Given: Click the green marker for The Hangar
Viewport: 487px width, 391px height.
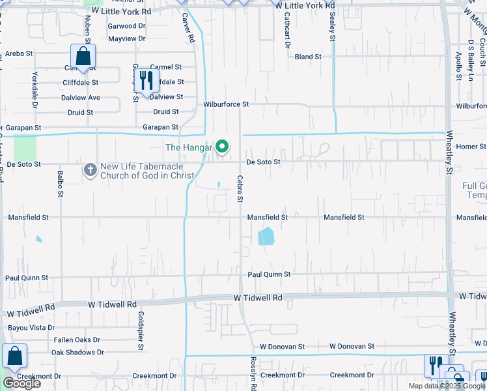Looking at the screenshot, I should (222, 147).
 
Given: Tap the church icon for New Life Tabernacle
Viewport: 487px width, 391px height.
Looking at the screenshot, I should (90, 169).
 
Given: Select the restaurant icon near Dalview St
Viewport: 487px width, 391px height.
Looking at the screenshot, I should (146, 81).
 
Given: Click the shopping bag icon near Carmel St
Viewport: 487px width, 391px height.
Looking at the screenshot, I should (83, 56).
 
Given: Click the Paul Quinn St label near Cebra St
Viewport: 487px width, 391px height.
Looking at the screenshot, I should (268, 275).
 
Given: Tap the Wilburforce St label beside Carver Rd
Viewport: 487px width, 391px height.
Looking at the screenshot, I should (226, 104).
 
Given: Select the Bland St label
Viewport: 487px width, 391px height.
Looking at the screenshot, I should (308, 57).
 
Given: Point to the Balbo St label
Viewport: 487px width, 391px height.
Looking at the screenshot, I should (60, 184).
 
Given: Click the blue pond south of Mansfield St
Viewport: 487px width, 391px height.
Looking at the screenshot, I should (266, 236).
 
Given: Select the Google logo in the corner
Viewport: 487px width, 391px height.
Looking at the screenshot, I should (21, 383).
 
